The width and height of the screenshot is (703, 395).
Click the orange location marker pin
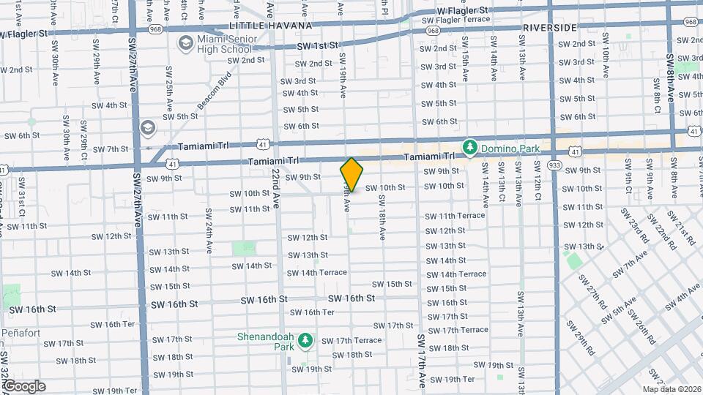coord(351,174)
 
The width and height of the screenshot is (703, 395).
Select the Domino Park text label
coord(510,148)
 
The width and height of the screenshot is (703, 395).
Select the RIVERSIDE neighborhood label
coord(549,27)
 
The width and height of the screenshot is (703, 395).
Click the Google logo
coord(24,385)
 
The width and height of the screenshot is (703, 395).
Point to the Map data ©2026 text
coord(672,389)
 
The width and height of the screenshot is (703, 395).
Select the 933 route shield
coord(554,165)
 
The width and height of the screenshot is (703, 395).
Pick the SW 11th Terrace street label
coord(455,215)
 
